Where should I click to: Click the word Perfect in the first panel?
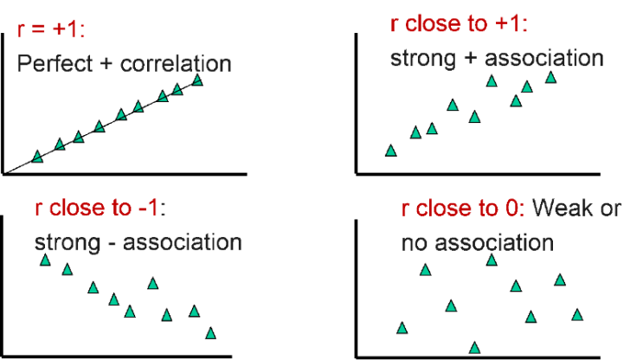point(55,63)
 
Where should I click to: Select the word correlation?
point(176,63)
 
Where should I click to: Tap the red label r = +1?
point(51,29)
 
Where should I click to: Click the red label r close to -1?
point(100,208)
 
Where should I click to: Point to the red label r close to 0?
point(463,208)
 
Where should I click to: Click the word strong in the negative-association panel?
point(68,242)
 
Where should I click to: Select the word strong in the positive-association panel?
point(423,59)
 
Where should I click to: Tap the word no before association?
point(415,243)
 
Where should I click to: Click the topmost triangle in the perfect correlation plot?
point(197,80)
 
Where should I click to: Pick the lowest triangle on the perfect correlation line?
point(37,157)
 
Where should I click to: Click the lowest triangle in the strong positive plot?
point(391,151)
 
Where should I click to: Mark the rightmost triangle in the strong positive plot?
point(550,77)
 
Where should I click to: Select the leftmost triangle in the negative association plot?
point(46,260)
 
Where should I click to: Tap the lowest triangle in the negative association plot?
point(211,333)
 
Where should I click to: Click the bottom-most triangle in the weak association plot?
point(474,348)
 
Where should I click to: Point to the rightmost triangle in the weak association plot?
point(577,314)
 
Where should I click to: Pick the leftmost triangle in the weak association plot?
point(402,328)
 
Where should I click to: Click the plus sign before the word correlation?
point(106,64)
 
